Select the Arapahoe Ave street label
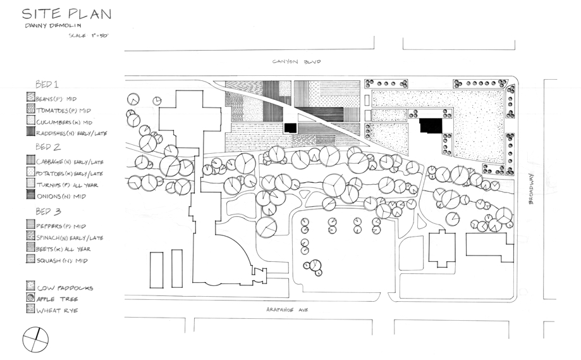pyautogui.click(x=283, y=309)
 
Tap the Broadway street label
pyautogui.click(x=532, y=190)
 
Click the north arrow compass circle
pyautogui.click(x=35, y=339)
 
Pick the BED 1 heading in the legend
pyautogui.click(x=46, y=84)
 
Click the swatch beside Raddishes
pyautogui.click(x=30, y=132)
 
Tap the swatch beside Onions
pyautogui.click(x=30, y=196)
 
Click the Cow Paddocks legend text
pyautogui.click(x=65, y=287)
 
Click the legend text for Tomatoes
pyautogui.click(x=64, y=109)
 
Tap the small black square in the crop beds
pyautogui.click(x=290, y=127)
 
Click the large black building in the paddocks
pyautogui.click(x=432, y=125)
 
